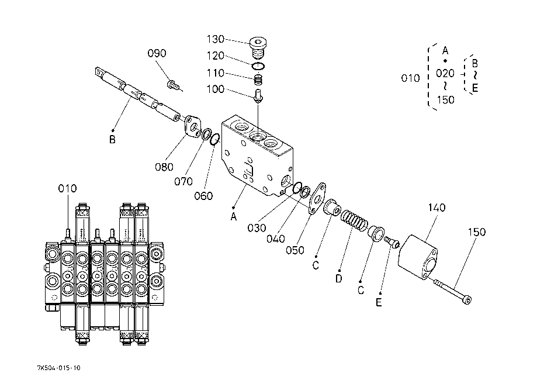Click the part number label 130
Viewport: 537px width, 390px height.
tap(216, 39)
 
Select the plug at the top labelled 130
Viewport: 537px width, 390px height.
tap(258, 48)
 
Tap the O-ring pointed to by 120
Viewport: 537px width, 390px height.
tap(258, 65)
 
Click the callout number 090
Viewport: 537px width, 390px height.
tap(157, 53)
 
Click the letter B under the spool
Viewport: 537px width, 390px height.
tap(112, 140)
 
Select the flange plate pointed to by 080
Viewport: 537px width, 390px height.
tap(192, 127)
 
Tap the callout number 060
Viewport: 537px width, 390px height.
tap(203, 196)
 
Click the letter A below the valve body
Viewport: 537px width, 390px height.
tap(234, 216)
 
